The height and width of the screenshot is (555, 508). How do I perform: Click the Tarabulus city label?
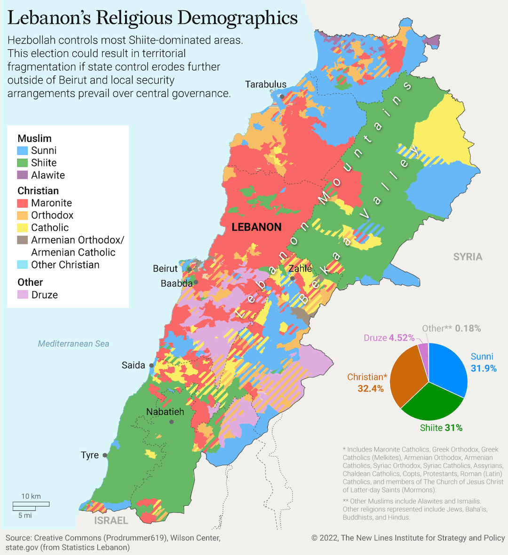pyautogui.click(x=265, y=85)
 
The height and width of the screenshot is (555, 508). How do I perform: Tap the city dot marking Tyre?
pyautogui.click(x=105, y=455)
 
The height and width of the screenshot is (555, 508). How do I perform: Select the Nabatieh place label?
pyautogui.click(x=165, y=412)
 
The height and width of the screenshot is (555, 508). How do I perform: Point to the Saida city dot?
pyautogui.click(x=151, y=365)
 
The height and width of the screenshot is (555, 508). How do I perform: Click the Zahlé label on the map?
pyautogui.click(x=300, y=268)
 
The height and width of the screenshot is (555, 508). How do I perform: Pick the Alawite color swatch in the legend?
pyautogui.click(x=23, y=175)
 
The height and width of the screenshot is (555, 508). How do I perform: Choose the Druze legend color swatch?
pyautogui.click(x=23, y=295)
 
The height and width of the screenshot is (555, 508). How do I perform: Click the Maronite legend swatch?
pyautogui.click(x=23, y=203)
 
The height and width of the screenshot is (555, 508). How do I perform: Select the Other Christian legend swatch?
pyautogui.click(x=23, y=265)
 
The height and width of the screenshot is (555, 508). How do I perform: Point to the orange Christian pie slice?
pyautogui.click(x=407, y=376)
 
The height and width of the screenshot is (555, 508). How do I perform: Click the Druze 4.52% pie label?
pyautogui.click(x=389, y=338)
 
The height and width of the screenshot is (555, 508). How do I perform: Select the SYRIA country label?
pyautogui.click(x=468, y=257)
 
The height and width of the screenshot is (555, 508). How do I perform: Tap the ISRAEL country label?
pyautogui.click(x=111, y=520)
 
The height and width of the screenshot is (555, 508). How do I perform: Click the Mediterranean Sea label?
pyautogui.click(x=73, y=344)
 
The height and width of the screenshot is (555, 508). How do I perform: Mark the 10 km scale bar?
pyautogui.click(x=31, y=504)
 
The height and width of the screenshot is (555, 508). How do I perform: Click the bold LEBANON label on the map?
pyautogui.click(x=256, y=227)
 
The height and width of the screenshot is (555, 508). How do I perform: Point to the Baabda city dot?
pyautogui.click(x=196, y=282)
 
